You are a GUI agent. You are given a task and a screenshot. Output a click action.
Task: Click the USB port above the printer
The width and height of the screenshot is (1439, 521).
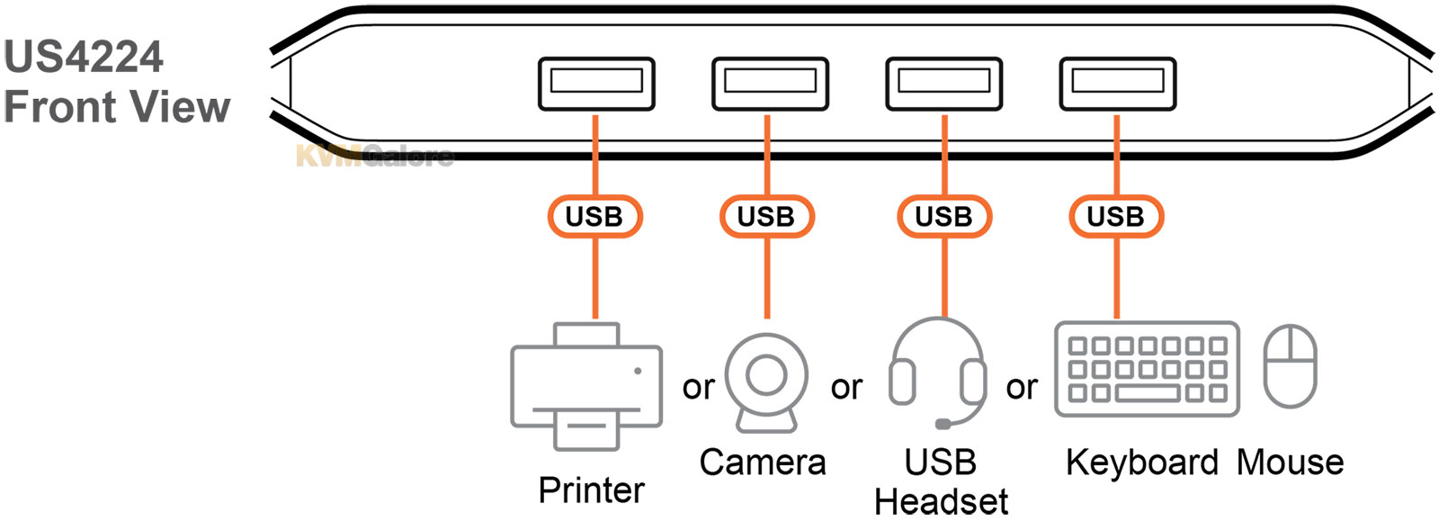(x=596, y=84)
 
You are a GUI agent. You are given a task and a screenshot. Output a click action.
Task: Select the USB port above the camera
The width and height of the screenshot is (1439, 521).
(x=770, y=84)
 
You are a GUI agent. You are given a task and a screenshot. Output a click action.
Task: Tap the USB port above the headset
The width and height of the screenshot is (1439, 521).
(x=943, y=84)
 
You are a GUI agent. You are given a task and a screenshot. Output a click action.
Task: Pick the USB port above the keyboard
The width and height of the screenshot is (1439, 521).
(x=1117, y=84)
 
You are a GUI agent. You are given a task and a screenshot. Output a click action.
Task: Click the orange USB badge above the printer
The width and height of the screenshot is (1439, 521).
(x=594, y=217)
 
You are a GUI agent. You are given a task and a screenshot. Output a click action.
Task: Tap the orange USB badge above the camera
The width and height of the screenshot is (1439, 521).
(x=766, y=217)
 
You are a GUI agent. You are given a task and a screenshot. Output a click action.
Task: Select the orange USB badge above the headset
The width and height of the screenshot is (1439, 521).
(x=943, y=217)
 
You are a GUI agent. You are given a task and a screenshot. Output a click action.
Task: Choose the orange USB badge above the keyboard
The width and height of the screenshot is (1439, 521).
(x=1116, y=217)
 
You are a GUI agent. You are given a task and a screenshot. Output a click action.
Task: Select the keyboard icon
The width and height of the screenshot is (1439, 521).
(x=1147, y=369)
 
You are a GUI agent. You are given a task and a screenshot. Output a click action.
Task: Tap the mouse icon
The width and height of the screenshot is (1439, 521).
(x=1290, y=366)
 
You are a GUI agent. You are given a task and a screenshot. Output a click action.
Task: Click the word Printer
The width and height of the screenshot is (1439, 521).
(x=591, y=490)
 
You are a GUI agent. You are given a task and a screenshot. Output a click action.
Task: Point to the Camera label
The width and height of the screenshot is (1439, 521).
(x=763, y=463)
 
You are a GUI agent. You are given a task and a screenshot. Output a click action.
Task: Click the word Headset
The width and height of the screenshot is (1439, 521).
(x=941, y=501)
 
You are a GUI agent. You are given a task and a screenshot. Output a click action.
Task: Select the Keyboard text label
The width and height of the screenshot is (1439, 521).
(x=1141, y=463)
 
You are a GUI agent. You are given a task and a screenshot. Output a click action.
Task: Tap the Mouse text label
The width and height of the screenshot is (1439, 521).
(x=1290, y=463)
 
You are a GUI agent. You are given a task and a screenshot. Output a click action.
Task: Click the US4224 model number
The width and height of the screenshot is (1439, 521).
(x=84, y=58)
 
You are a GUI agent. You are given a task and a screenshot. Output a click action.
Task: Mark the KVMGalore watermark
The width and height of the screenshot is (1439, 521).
(x=375, y=157)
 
